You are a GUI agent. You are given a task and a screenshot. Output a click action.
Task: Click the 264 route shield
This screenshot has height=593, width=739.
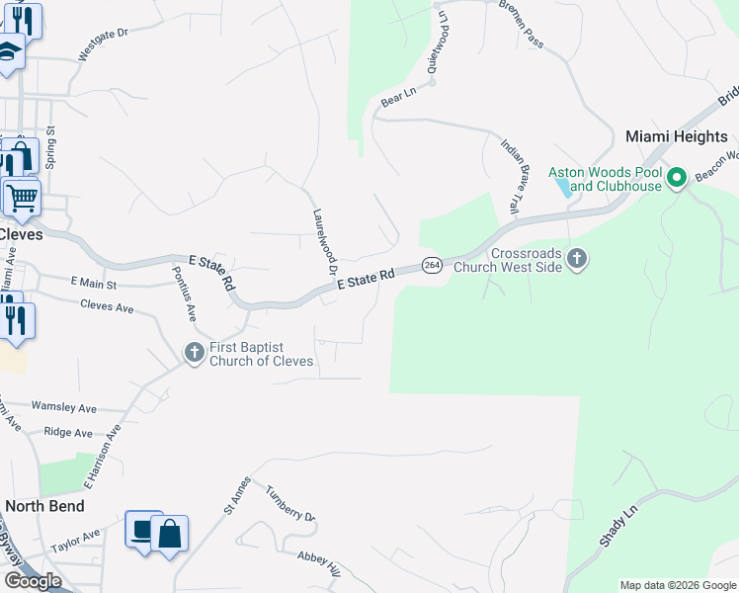(x=432, y=265)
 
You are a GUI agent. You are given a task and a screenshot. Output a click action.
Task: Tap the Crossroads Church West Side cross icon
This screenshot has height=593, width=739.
(x=578, y=259)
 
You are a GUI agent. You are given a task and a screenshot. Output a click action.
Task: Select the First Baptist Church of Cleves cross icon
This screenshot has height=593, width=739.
(x=195, y=352)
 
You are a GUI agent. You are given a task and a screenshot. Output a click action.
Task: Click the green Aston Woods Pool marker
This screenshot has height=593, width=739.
(x=677, y=179)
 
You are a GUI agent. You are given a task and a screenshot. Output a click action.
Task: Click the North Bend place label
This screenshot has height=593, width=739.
(x=44, y=506)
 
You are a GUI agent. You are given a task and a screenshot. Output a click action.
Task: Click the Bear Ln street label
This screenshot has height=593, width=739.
(x=398, y=96)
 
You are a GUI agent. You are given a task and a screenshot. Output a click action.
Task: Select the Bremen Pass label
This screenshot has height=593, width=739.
(x=521, y=24)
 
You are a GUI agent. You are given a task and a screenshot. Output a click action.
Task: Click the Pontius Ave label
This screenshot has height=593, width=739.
(x=184, y=294)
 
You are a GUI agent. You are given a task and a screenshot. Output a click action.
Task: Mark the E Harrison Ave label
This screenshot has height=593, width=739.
(x=101, y=457)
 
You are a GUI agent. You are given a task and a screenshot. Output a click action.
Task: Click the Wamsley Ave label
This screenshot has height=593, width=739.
(x=63, y=407)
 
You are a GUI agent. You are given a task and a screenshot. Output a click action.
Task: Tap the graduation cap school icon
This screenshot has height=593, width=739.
(x=8, y=52)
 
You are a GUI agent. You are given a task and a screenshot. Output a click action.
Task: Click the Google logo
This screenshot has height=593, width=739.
(x=33, y=581)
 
